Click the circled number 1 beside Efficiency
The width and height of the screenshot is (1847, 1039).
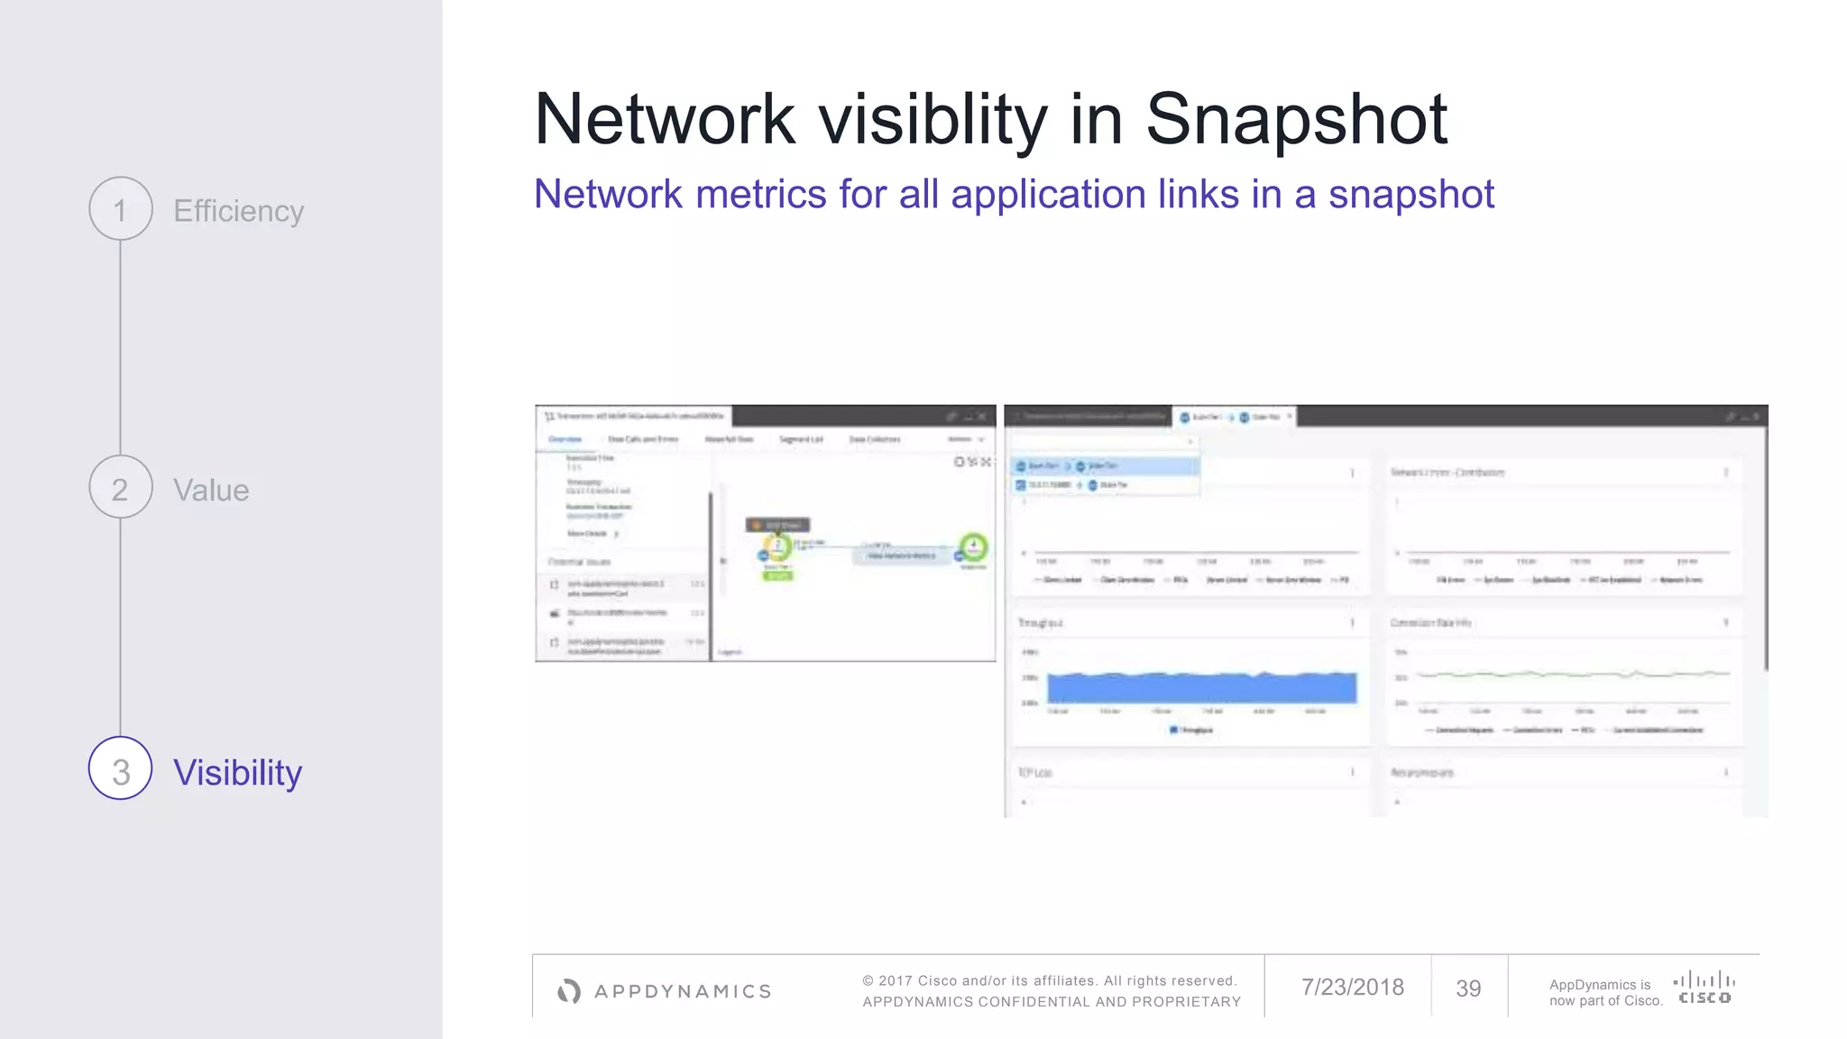tap(120, 209)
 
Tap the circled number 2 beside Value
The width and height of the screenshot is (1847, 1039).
tap(120, 488)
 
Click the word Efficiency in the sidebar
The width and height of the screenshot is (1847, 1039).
tap(238, 211)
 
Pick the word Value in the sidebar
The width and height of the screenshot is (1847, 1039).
tap(211, 491)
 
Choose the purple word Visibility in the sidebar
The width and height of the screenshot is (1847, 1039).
tap(237, 773)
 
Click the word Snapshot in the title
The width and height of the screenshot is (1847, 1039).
tap(1296, 120)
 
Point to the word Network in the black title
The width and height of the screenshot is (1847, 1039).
tap(665, 120)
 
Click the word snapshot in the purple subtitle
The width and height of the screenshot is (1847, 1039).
tap(1411, 195)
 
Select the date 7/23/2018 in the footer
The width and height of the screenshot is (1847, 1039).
tap(1352, 988)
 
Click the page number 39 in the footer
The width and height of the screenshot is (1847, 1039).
tap(1468, 988)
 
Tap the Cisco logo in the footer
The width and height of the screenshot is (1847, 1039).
tap(1704, 987)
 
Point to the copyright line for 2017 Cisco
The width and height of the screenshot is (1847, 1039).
tap(1049, 980)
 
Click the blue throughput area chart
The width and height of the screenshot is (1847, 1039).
tap(1201, 688)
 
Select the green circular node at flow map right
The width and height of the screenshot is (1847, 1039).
tap(973, 547)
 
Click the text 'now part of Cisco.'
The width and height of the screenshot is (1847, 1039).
tap(1605, 1000)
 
